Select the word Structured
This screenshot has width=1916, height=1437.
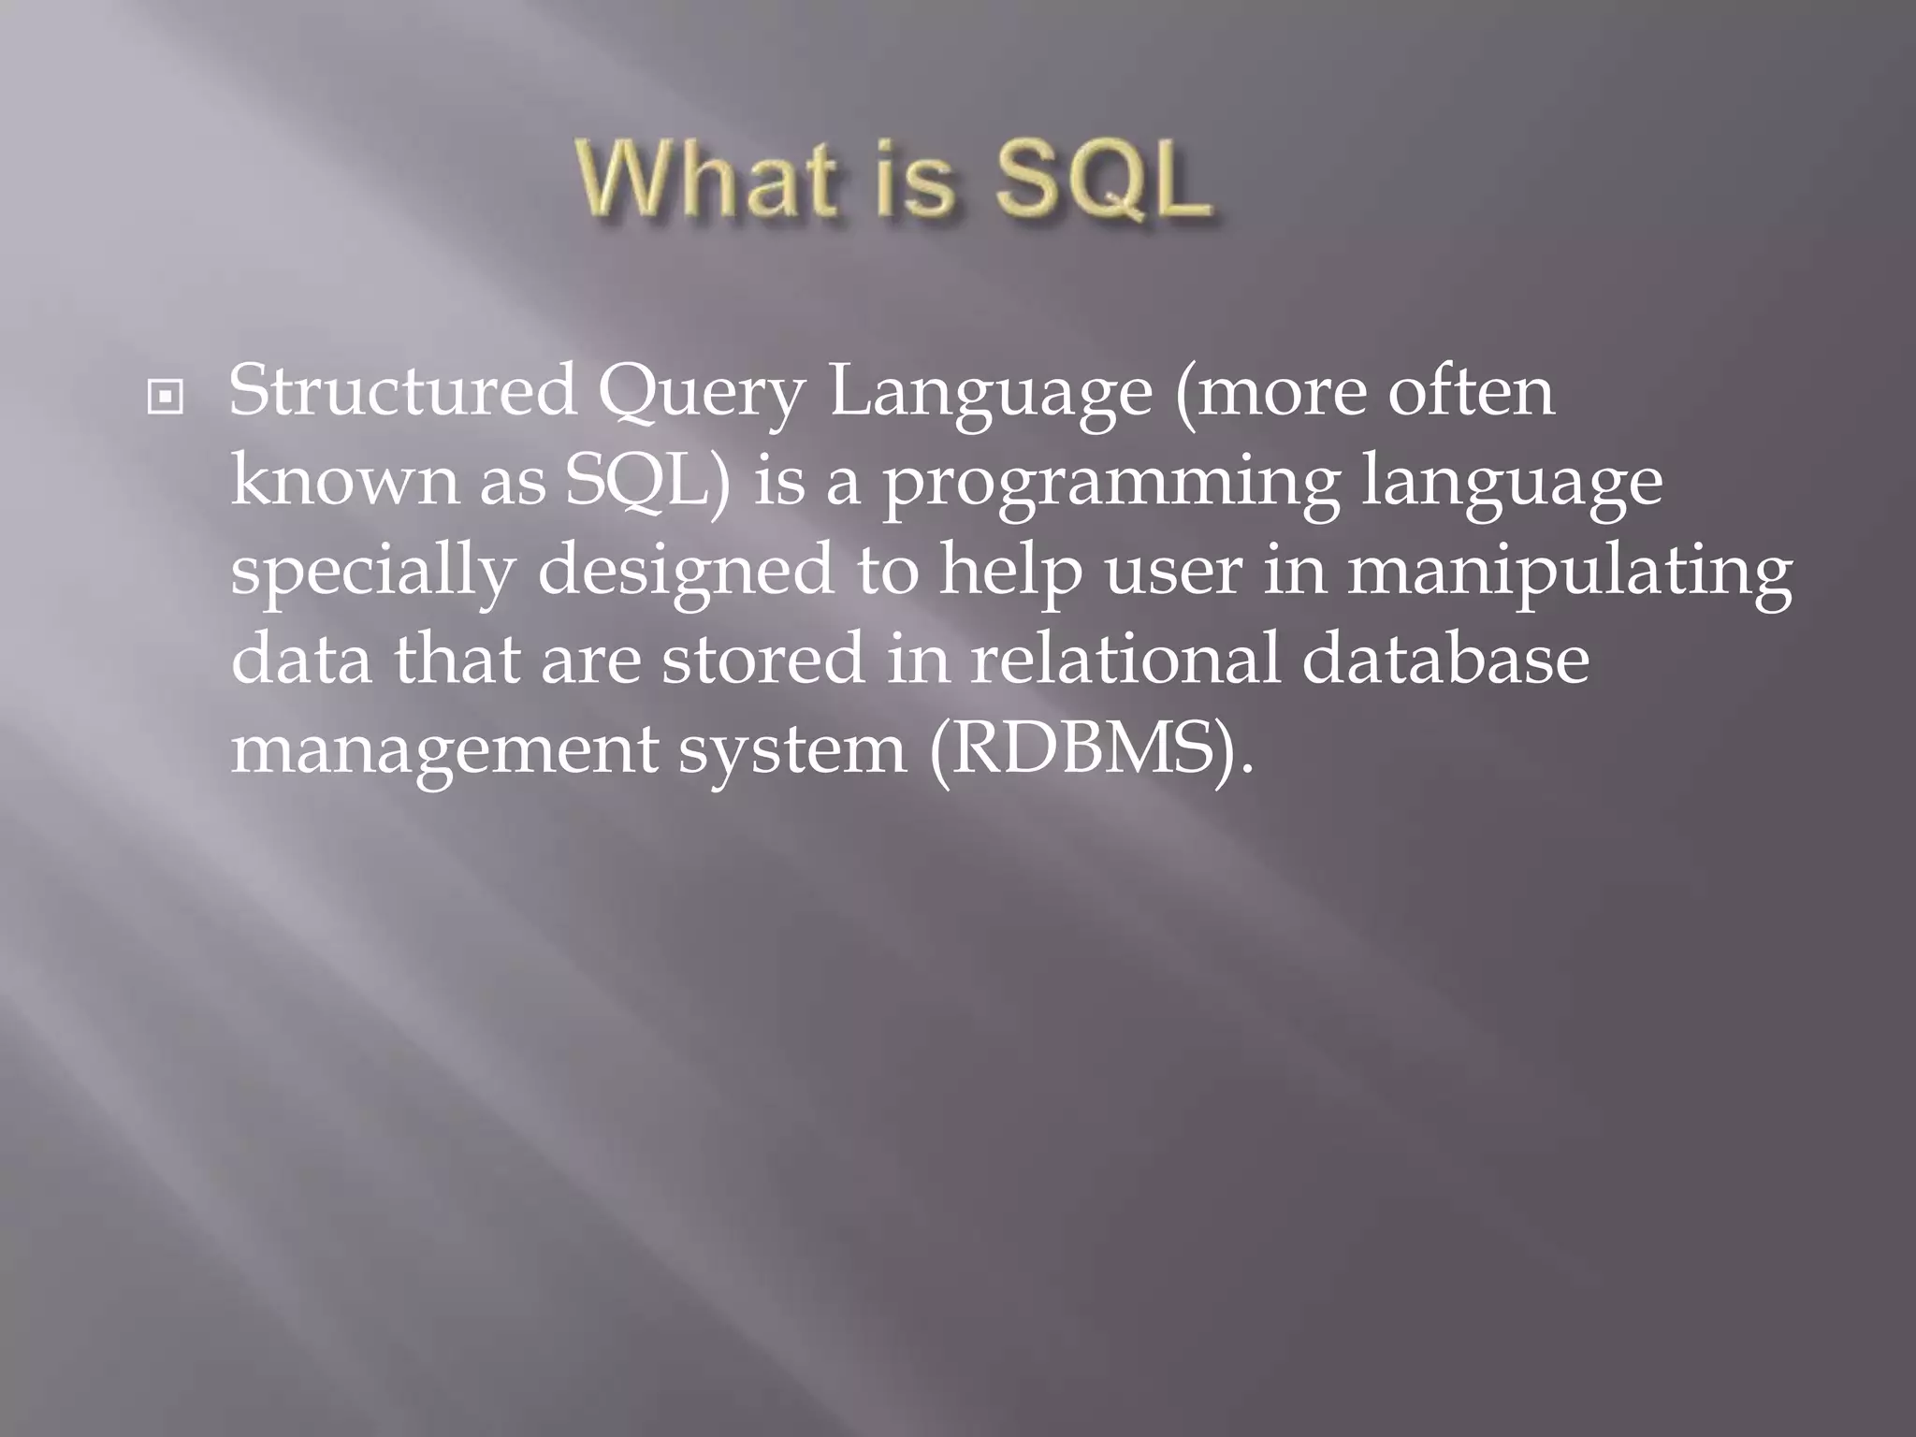401,391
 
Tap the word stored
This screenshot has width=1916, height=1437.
762,659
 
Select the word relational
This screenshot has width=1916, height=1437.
1124,659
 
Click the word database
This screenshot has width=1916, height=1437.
1444,659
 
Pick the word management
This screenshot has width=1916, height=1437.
444,750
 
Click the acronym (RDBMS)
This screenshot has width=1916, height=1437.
1091,750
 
